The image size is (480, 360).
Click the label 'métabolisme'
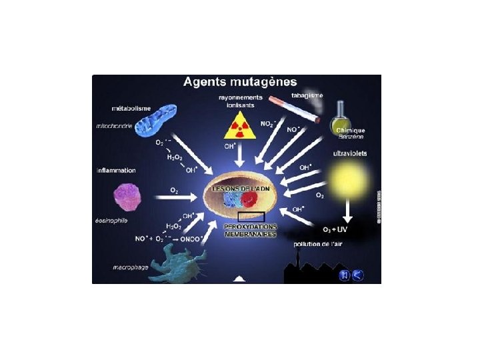[x=129, y=107]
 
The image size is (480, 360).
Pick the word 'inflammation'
[x=116, y=171]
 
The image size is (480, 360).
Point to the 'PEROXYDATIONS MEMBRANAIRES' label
[x=250, y=231]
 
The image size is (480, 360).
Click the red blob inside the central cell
[x=251, y=201]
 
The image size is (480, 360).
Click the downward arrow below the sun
[x=347, y=212]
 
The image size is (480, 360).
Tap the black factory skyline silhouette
[x=310, y=270]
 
